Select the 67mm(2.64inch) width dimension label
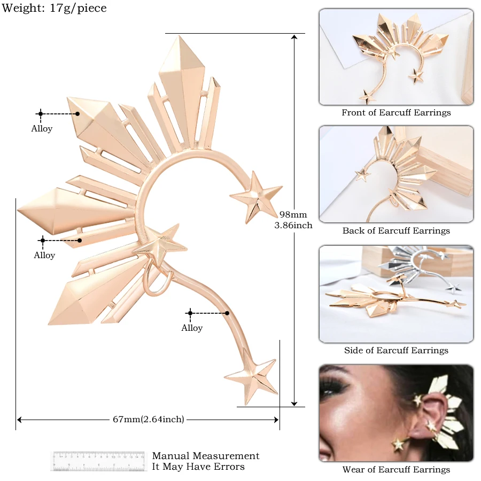[x=148, y=420]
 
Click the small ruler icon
[x=99, y=461]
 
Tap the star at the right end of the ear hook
[x=256, y=195]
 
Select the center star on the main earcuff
[x=160, y=245]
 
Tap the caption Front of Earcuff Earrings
[x=396, y=113]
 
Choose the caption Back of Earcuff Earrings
[x=396, y=231]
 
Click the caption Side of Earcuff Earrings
[x=396, y=351]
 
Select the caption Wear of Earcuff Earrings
[x=396, y=470]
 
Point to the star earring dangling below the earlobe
[x=398, y=444]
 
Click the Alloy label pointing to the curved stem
[x=192, y=328]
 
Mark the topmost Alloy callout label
[x=42, y=128]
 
